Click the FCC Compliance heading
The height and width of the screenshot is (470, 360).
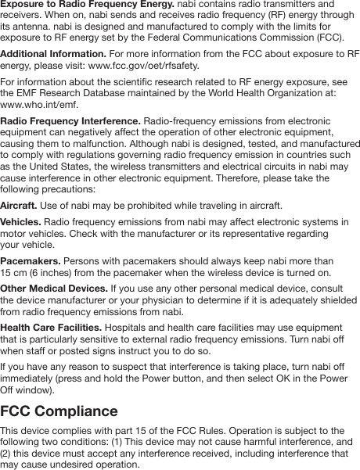coord(59,411)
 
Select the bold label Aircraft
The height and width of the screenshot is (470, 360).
coord(18,205)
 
